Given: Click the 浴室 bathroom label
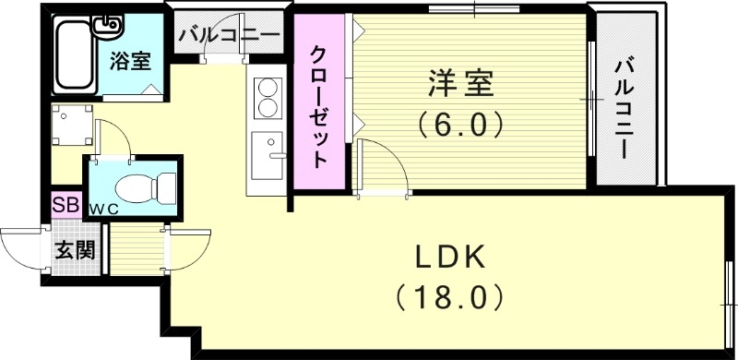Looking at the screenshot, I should [132, 63].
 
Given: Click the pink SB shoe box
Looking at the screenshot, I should [65, 204].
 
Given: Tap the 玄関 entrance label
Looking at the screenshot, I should [74, 250].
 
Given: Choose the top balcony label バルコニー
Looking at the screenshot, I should [229, 37].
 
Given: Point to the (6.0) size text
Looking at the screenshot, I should [458, 124].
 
